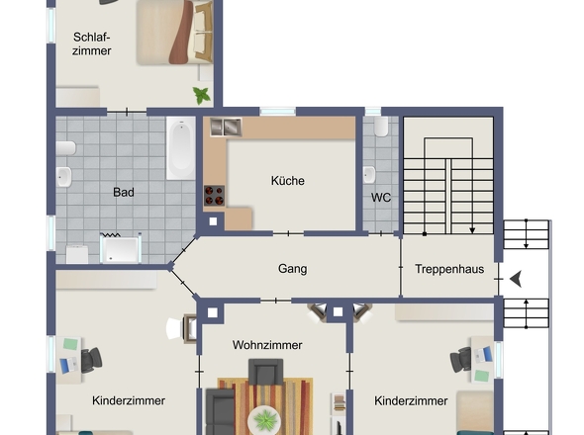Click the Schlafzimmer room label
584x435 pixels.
coord(92,43)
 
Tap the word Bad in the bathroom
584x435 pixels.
coord(124,192)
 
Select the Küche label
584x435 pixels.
coord(288,181)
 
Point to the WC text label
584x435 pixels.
coord(381,197)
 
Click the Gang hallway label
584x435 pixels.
coord(292,268)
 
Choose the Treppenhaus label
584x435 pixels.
coord(448,269)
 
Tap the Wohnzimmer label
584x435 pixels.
coord(267,345)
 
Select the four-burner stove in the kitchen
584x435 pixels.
coord(215,195)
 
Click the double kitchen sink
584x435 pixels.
coord(226,127)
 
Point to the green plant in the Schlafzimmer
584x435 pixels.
coord(203,95)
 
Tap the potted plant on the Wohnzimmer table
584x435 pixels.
coord(264,420)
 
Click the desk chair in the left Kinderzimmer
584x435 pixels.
coord(92,362)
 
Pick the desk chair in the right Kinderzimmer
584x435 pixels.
coord(461,359)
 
